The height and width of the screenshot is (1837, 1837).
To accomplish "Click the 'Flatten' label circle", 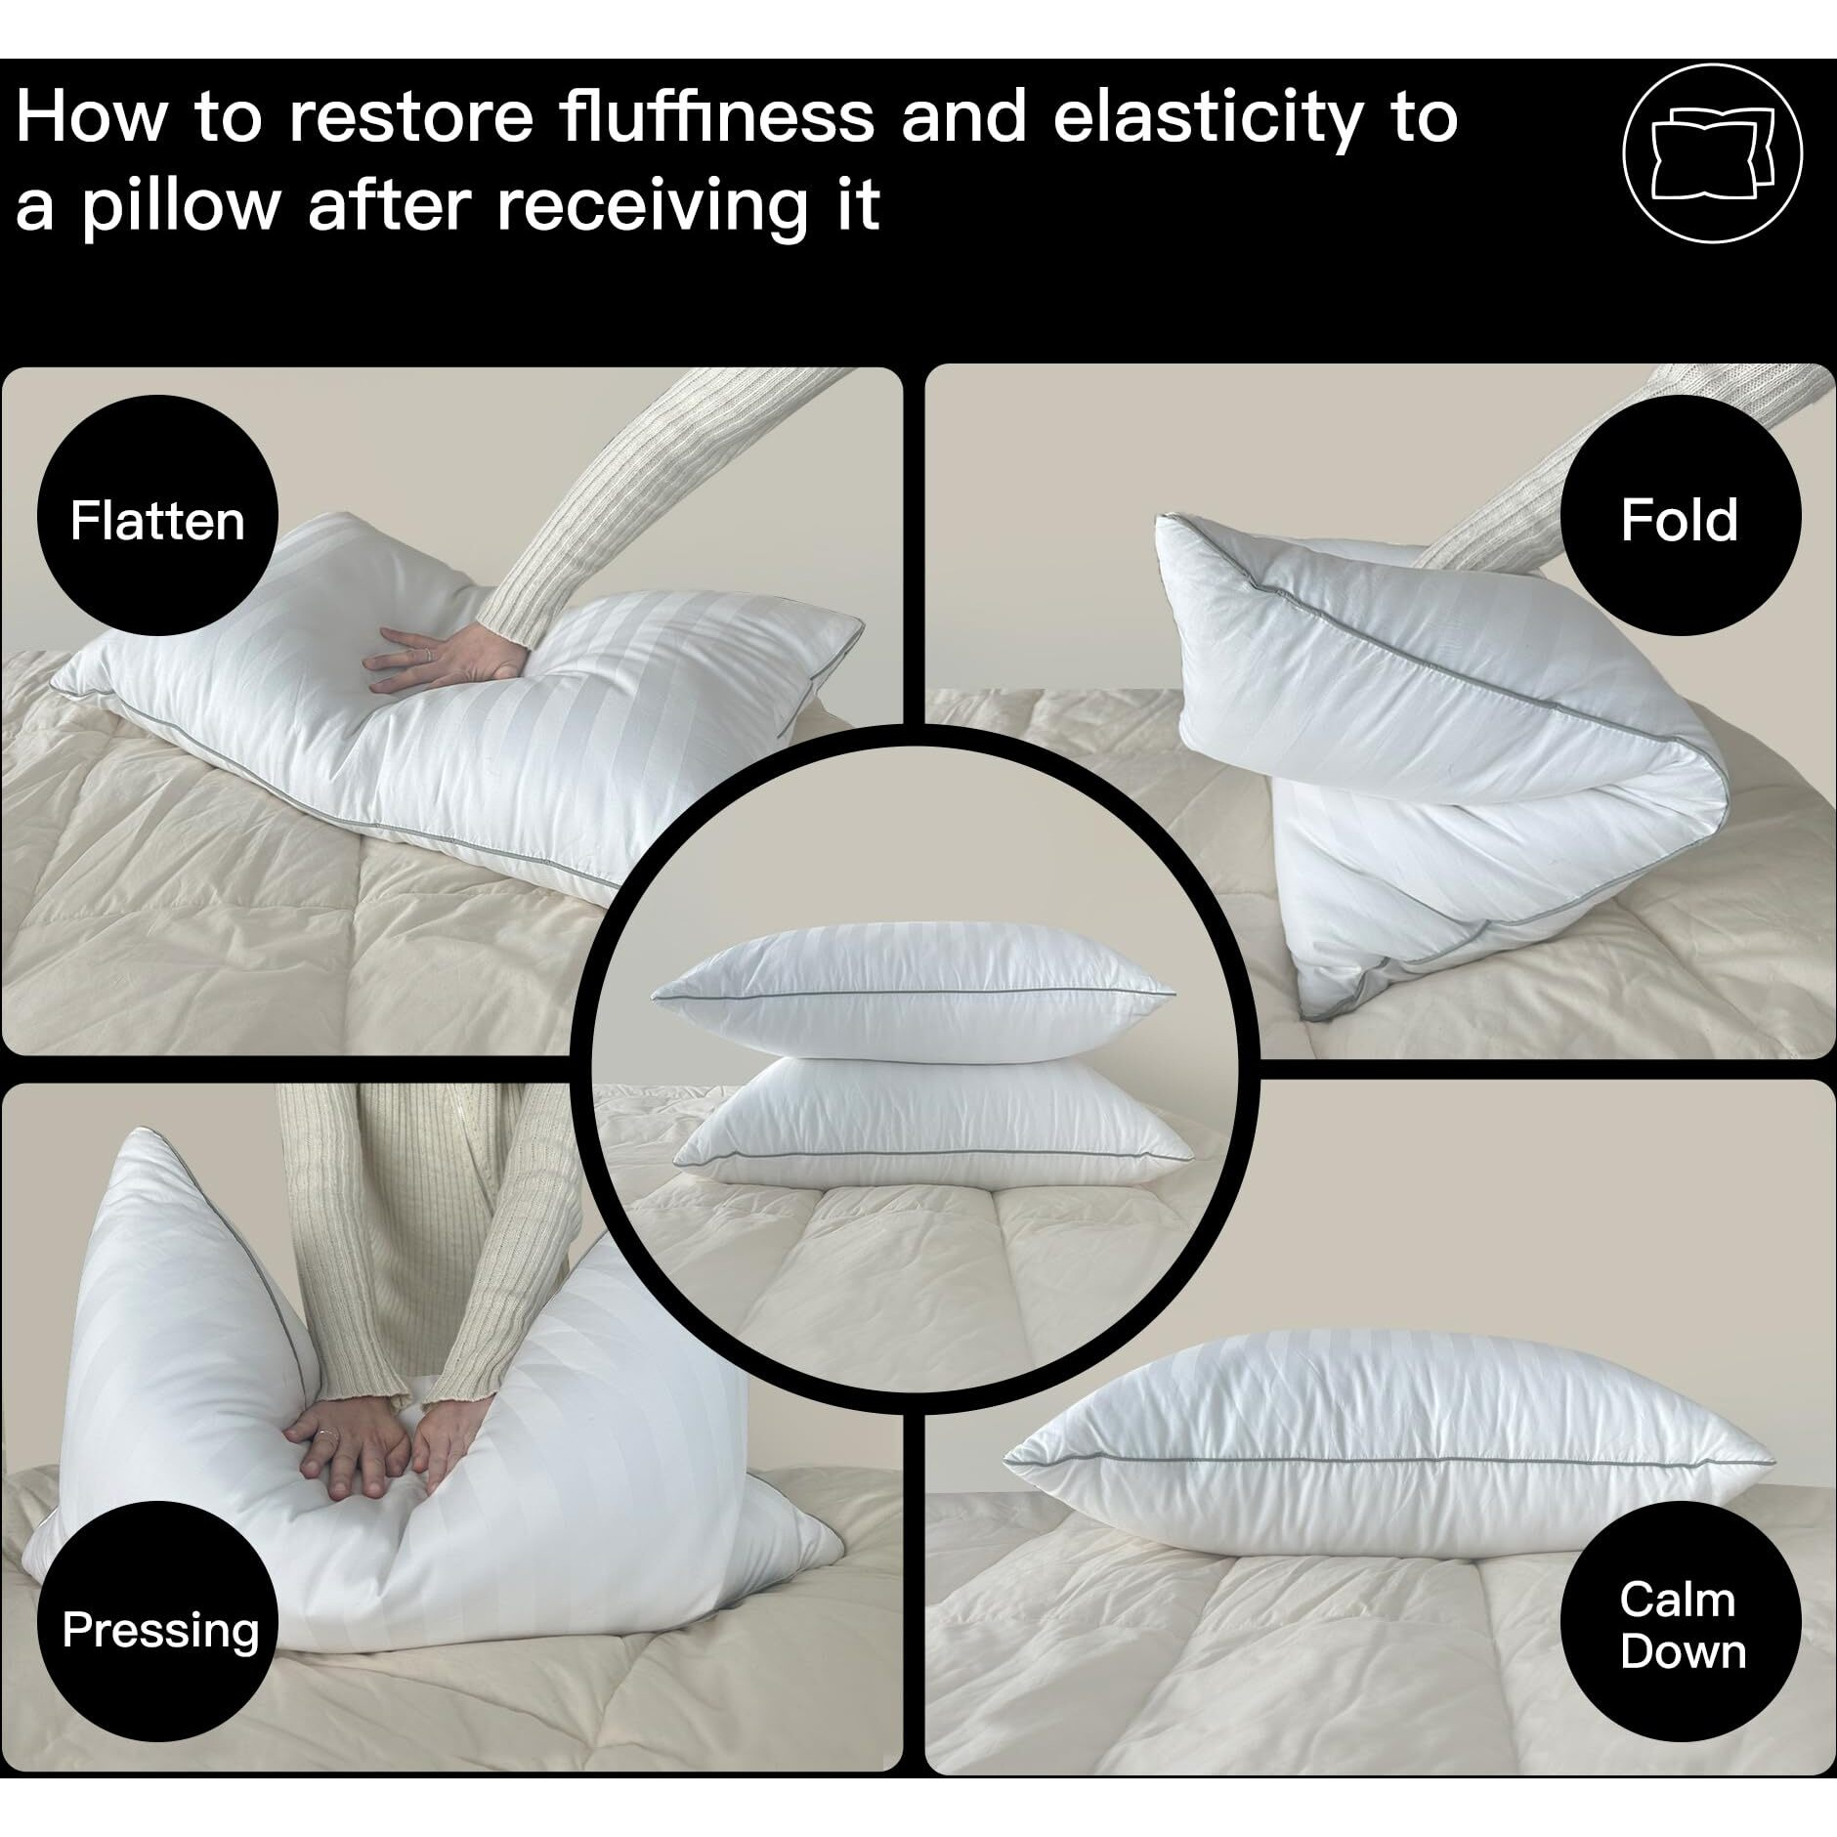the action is point(157,517).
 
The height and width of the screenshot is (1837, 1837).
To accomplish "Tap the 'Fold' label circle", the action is point(1680,519).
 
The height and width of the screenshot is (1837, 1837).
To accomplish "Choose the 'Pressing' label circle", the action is point(160,1631).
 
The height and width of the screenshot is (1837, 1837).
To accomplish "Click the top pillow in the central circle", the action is point(914,993).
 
